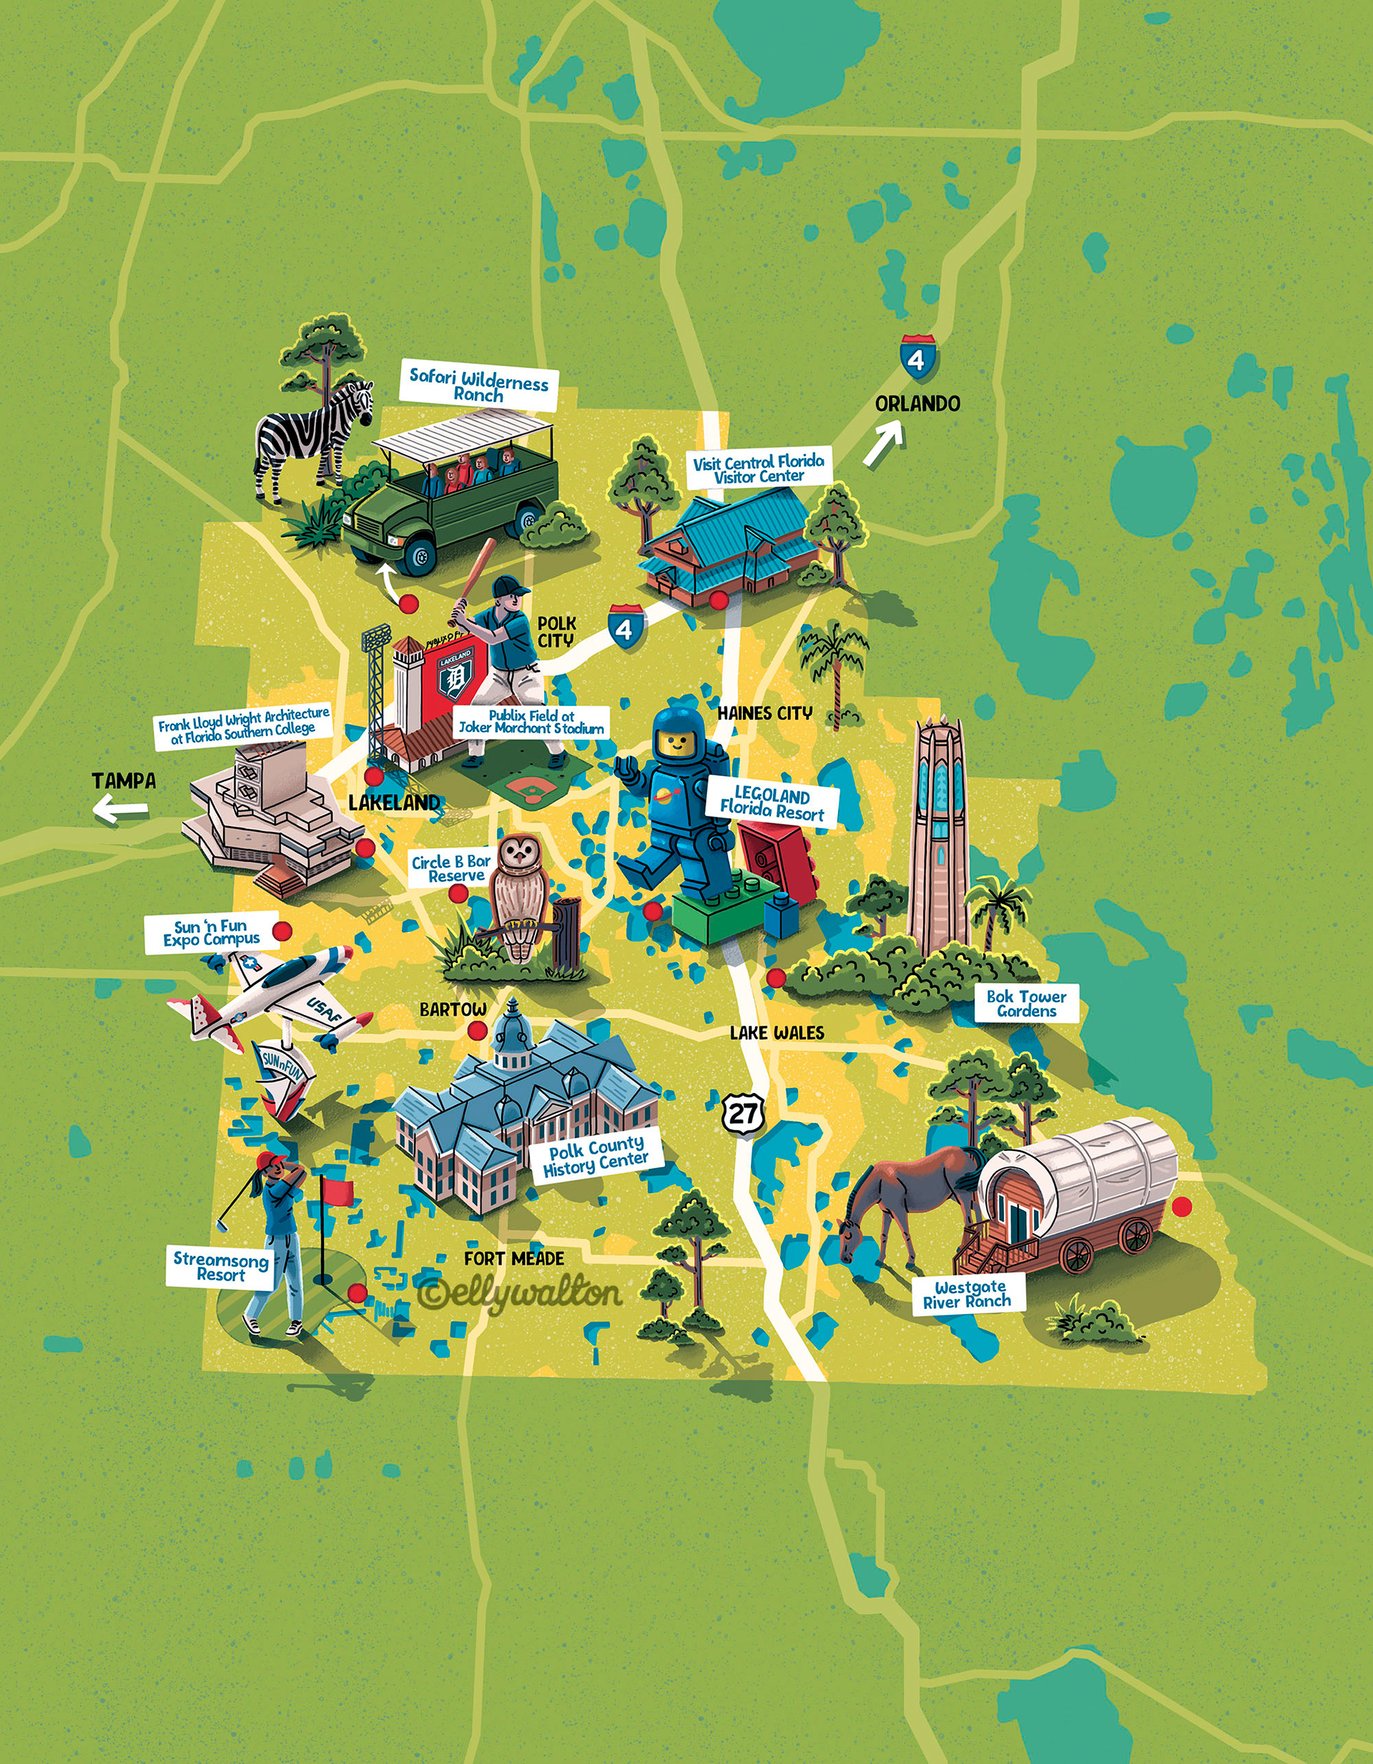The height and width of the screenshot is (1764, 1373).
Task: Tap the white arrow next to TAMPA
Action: [x=119, y=808]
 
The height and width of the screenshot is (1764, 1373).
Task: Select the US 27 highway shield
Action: [x=742, y=1114]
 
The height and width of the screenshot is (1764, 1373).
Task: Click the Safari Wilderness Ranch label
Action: [x=479, y=386]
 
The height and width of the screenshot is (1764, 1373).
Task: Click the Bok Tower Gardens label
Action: [x=1026, y=1003]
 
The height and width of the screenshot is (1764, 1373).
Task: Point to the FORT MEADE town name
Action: [x=513, y=1258]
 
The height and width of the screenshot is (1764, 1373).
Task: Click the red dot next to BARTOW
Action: [x=477, y=1031]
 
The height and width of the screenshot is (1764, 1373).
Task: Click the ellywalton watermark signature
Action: [x=521, y=1293]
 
